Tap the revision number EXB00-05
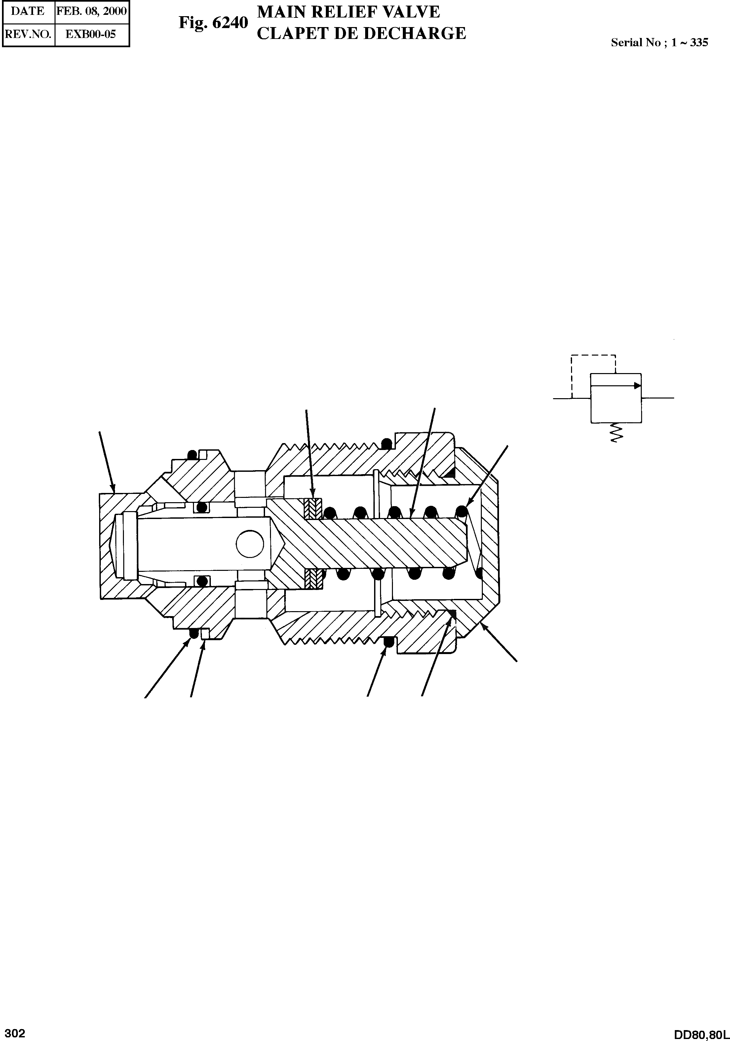coord(91,34)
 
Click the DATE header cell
coord(28,11)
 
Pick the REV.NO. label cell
coord(28,34)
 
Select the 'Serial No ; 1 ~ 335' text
coord(659,43)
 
